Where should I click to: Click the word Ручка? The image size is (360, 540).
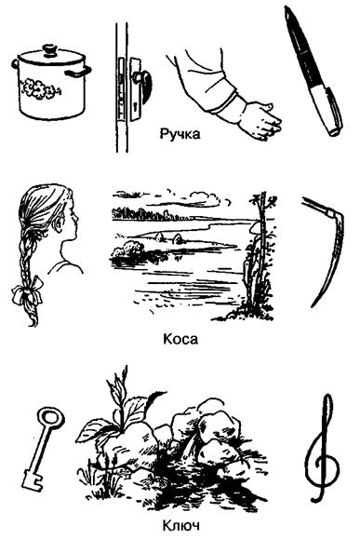click(x=180, y=134)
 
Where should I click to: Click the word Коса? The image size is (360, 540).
click(x=180, y=339)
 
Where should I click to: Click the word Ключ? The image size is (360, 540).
click(x=180, y=526)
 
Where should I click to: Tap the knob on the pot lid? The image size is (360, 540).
click(x=50, y=50)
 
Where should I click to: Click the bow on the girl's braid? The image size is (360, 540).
click(x=28, y=291)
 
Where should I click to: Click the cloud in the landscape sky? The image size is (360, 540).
click(x=206, y=198)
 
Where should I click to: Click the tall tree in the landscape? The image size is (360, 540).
click(x=260, y=255)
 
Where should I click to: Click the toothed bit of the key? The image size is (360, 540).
click(x=32, y=479)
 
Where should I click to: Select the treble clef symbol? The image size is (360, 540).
click(x=323, y=448)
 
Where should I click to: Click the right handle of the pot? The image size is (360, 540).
click(x=78, y=72)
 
